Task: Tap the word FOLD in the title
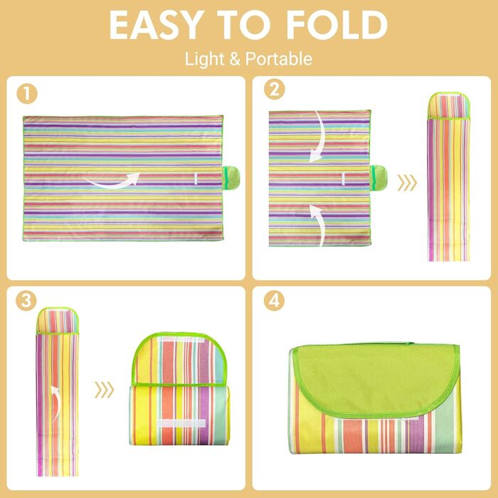[x=337, y=25]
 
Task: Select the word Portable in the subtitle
[x=279, y=59]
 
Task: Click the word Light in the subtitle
[x=205, y=59]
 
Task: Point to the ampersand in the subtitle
[x=235, y=59]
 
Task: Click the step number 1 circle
[x=27, y=94]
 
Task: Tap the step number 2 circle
[x=275, y=89]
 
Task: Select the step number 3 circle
[x=26, y=300]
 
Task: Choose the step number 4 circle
[x=274, y=300]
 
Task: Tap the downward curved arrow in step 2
[x=321, y=139]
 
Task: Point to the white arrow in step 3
[x=58, y=403]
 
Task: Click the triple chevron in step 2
[x=407, y=183]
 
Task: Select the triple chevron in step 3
[x=104, y=390]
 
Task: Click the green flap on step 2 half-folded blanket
[x=378, y=177]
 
